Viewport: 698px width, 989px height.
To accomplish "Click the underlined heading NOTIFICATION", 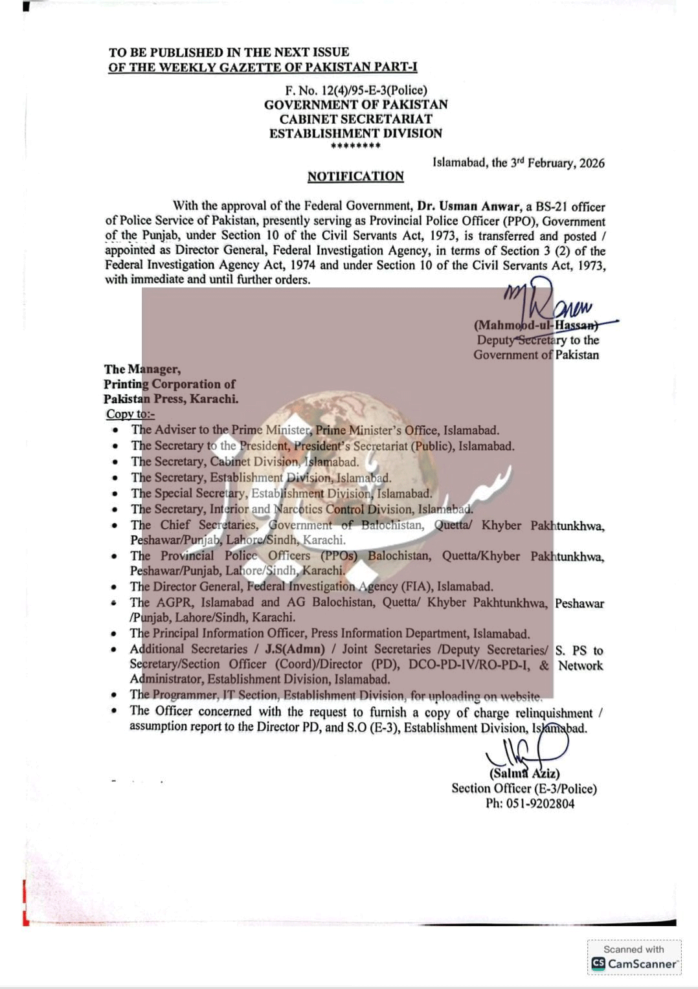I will [355, 176].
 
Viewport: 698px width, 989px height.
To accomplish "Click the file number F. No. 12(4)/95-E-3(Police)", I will [356, 91].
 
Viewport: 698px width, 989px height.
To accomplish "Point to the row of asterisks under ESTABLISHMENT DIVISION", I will [355, 146].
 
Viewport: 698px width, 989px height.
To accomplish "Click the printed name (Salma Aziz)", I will [524, 773].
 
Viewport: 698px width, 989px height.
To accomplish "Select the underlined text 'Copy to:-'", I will [130, 414].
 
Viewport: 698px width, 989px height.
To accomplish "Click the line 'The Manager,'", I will [142, 369].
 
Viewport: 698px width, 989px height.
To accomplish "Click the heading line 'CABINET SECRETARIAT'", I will [355, 119].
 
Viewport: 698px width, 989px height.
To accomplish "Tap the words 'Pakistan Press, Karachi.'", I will [171, 399].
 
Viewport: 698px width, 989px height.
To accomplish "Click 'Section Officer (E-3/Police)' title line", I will [524, 788].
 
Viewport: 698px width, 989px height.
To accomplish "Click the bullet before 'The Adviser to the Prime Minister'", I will [115, 430].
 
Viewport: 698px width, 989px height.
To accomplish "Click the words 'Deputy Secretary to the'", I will [537, 340].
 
